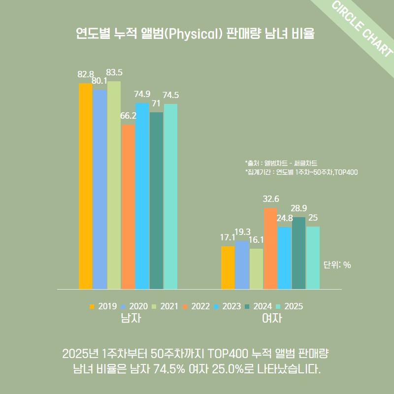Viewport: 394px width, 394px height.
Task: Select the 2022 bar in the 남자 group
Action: [128, 207]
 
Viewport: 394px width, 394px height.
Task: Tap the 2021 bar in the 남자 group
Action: [114, 185]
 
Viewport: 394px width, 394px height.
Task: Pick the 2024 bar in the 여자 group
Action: [298, 253]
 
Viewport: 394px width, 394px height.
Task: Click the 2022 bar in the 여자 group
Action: [270, 248]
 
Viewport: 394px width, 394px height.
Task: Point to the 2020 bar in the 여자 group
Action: [242, 265]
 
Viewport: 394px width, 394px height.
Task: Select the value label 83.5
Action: [114, 72]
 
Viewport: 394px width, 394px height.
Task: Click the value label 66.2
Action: [128, 116]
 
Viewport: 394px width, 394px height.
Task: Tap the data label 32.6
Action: [271, 199]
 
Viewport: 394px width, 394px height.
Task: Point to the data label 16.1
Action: [257, 240]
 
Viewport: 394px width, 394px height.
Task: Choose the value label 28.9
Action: [298, 208]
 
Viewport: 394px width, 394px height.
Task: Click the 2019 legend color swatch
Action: [92, 306]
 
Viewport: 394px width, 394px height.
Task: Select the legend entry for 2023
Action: [227, 306]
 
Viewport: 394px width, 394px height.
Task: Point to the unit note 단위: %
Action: [337, 265]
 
